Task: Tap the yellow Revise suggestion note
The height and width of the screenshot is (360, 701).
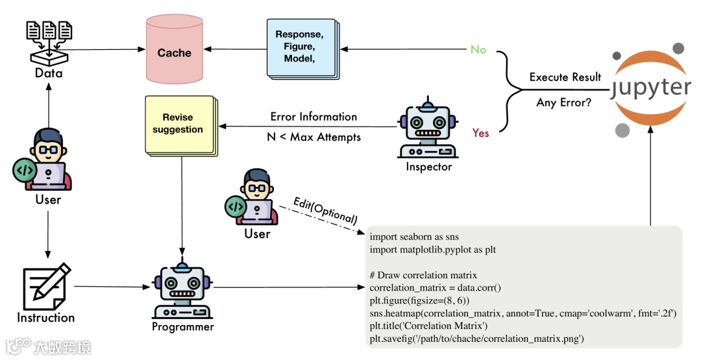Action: pos(178,124)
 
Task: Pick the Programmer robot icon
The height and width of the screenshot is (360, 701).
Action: pos(182,289)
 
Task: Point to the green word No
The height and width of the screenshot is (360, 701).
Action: pos(478,50)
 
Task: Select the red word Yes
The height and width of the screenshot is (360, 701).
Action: pos(481,133)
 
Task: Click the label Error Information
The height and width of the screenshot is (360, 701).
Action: pos(314,117)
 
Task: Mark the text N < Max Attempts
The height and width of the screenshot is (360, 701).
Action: pos(314,137)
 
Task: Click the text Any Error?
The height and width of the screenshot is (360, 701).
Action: pos(564,102)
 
